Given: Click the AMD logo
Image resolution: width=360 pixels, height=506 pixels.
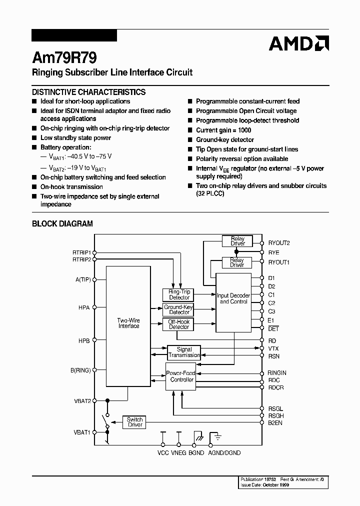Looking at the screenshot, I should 298,43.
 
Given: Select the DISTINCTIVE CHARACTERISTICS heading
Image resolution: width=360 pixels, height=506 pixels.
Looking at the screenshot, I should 88,92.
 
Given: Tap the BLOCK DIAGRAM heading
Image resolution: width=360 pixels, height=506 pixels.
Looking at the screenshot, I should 62,224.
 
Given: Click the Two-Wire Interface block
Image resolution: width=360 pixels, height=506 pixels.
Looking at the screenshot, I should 128,323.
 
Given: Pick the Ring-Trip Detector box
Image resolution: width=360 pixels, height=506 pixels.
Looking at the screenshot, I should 179,294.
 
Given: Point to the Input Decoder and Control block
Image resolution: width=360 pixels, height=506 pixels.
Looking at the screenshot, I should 233,298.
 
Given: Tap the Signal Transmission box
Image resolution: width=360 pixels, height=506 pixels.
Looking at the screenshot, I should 184,352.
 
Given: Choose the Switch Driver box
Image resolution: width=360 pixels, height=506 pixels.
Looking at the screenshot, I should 135,422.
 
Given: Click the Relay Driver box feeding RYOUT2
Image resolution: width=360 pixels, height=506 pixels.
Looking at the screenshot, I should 237,241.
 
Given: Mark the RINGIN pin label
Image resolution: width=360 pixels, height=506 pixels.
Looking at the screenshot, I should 277,373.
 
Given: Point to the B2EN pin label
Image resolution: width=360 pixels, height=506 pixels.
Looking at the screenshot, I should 275,422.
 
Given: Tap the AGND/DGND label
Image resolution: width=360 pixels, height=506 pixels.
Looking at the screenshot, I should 224,453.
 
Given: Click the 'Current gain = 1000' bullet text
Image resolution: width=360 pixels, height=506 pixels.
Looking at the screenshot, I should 223,130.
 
